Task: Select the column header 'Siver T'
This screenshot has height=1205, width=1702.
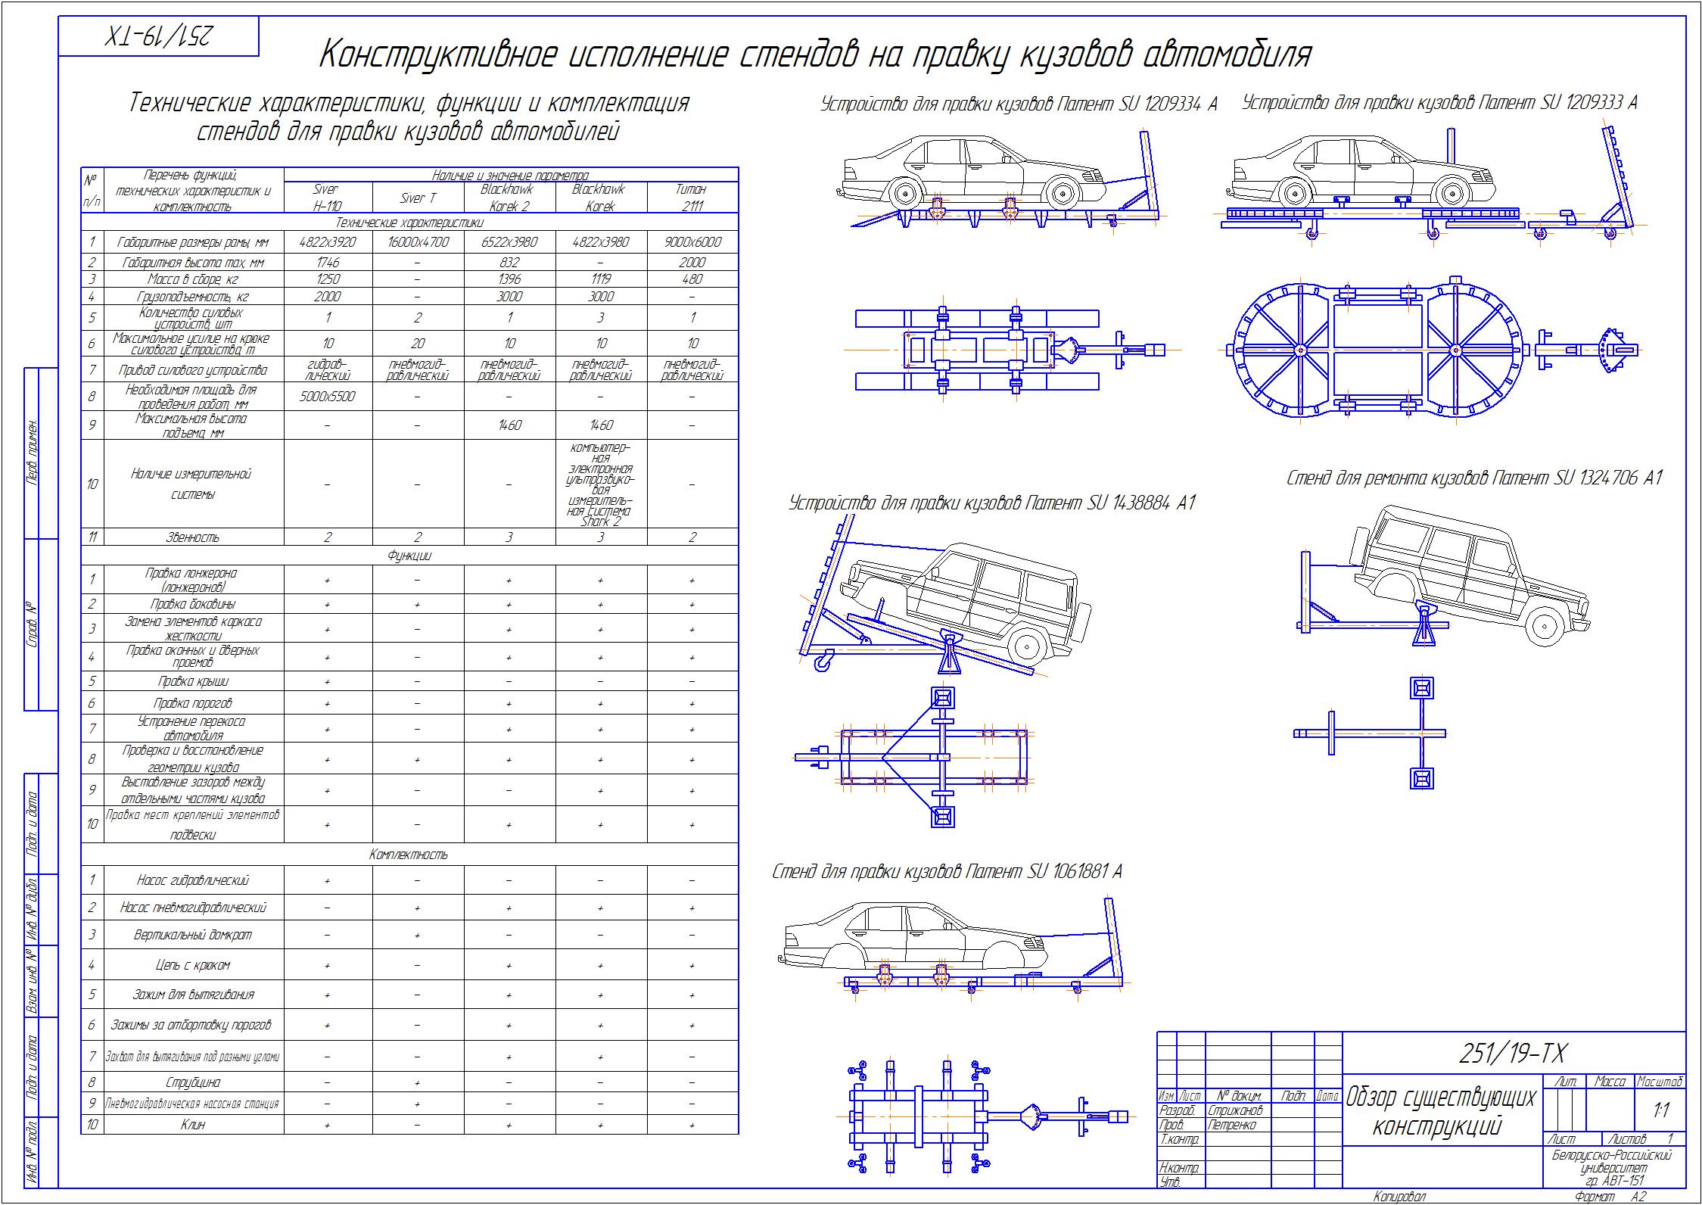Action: (x=418, y=198)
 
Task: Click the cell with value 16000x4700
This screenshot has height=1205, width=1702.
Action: (x=418, y=242)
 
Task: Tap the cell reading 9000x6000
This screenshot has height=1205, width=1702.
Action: (x=692, y=242)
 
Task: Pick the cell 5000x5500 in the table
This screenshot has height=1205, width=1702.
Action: (x=327, y=397)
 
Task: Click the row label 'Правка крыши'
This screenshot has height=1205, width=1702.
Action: (x=193, y=681)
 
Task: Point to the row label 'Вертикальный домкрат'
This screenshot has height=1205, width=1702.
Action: (x=193, y=935)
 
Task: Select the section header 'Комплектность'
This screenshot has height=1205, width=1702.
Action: (x=409, y=855)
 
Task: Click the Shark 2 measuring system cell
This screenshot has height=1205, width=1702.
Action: (x=601, y=484)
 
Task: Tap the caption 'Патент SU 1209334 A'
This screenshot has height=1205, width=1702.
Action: (x=1019, y=104)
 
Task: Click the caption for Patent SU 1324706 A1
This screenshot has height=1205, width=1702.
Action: (x=1474, y=478)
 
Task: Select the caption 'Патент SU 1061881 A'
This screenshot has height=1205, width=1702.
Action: (x=947, y=872)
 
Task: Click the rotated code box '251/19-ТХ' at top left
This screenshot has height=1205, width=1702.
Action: (x=158, y=36)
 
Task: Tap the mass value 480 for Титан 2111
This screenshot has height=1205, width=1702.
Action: (x=692, y=279)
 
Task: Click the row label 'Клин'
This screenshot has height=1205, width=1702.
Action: (x=193, y=1125)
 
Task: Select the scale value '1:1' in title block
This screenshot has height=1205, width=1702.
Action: (x=1661, y=1110)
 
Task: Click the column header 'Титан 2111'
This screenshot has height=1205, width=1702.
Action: (x=692, y=198)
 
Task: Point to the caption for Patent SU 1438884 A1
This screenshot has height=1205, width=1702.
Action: (x=991, y=503)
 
